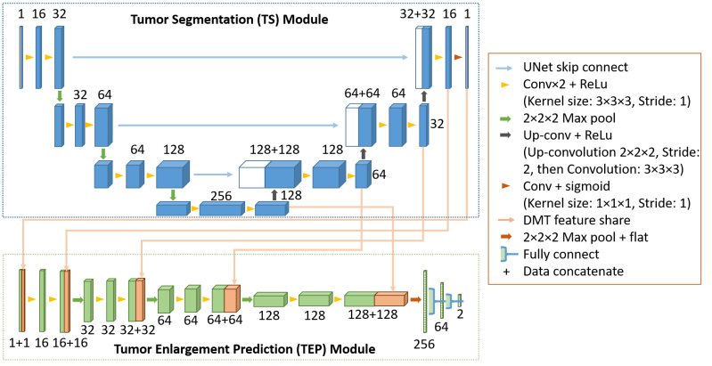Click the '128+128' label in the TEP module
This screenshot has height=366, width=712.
(373, 315)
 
